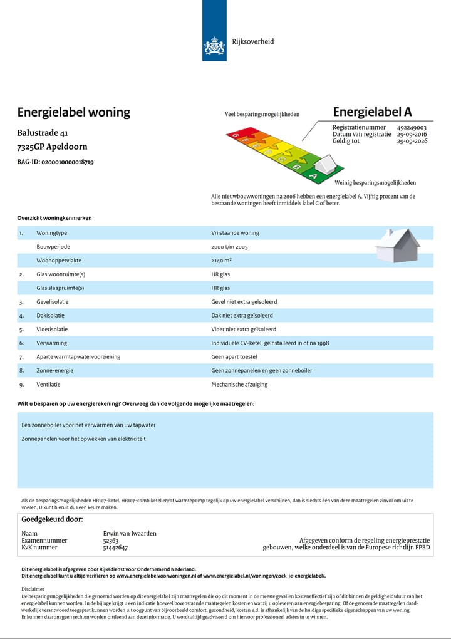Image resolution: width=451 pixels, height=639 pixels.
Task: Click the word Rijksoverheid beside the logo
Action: (x=253, y=42)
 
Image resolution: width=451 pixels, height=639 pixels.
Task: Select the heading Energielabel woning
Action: (x=74, y=113)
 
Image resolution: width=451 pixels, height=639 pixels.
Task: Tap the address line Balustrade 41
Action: (x=43, y=133)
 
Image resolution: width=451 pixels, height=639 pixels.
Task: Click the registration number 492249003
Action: (x=412, y=127)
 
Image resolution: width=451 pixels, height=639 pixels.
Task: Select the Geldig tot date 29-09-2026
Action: (x=412, y=142)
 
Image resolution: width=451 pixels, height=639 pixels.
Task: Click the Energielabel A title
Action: (x=372, y=112)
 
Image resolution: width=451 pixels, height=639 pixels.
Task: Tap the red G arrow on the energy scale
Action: (x=237, y=135)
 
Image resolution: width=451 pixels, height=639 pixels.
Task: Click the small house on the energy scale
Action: (x=325, y=165)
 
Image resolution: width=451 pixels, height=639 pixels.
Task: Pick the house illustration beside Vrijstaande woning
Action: (x=398, y=246)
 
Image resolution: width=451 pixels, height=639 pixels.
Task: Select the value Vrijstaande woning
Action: (x=235, y=233)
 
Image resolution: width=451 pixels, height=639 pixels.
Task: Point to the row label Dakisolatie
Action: (x=50, y=316)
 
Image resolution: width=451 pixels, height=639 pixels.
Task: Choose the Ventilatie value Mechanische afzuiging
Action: (x=239, y=385)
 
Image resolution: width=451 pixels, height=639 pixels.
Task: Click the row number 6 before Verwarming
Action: (x=21, y=343)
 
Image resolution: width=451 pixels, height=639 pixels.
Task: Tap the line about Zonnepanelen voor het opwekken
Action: (x=83, y=439)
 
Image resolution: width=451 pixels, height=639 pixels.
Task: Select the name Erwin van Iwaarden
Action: (x=130, y=534)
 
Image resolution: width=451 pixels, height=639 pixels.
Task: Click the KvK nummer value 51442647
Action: (x=115, y=548)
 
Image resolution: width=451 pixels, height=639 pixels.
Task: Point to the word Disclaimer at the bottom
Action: (x=33, y=589)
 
